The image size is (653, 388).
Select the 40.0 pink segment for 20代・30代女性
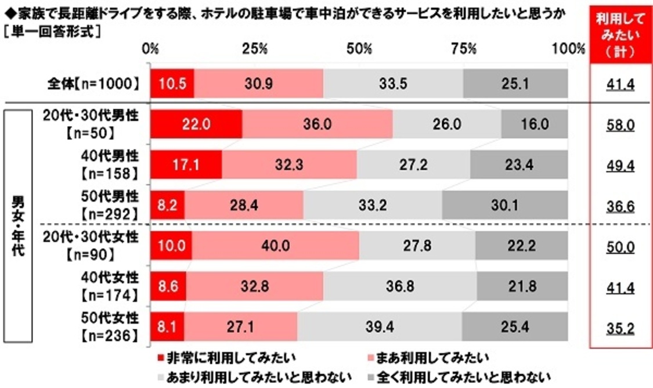[275, 247]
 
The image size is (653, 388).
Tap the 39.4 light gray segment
[380, 329]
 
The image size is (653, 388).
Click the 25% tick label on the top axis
[254, 49]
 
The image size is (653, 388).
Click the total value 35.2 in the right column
[620, 329]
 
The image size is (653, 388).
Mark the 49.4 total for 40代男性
[620, 166]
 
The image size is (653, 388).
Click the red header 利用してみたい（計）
[620, 35]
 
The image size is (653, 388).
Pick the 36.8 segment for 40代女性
[400, 288]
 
